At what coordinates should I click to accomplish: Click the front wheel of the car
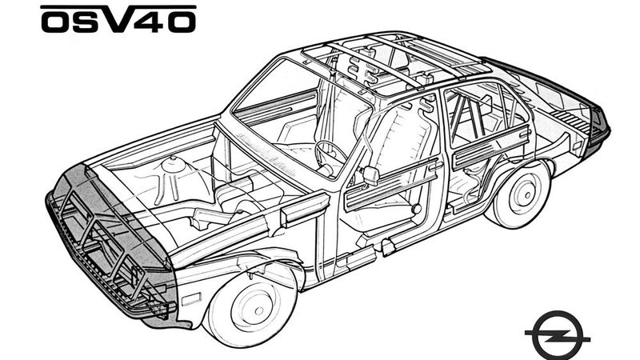251,303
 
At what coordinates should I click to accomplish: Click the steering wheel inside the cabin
330,154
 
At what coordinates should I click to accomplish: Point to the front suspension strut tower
172,172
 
